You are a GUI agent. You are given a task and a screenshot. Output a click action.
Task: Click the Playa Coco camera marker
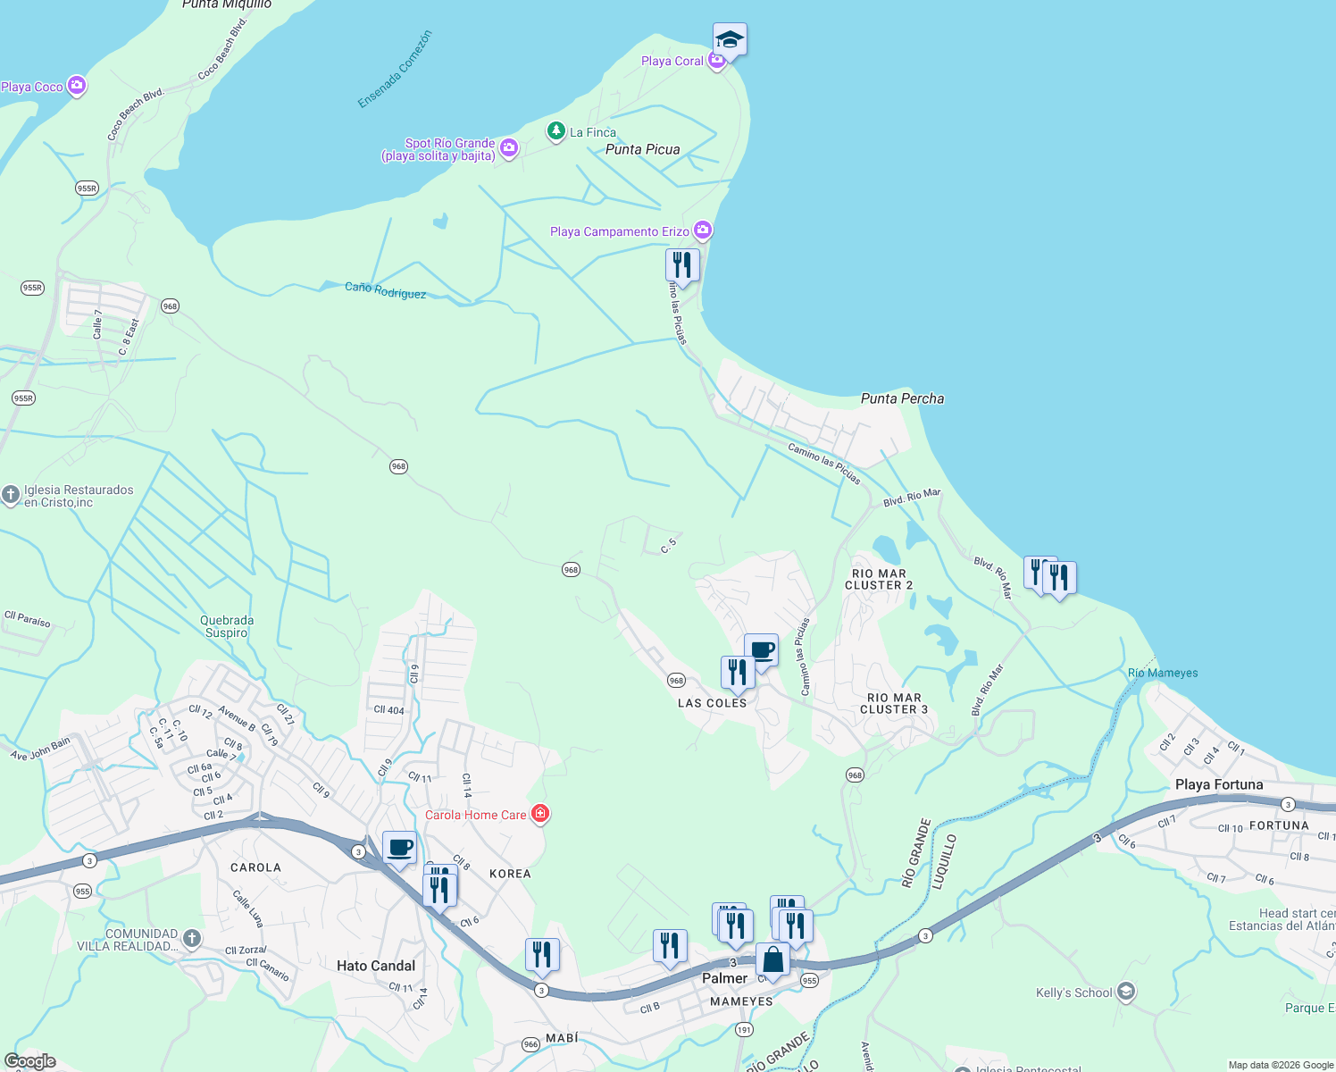[77, 86]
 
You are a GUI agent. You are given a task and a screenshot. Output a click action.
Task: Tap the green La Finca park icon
[556, 132]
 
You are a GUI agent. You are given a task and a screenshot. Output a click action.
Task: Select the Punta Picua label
[642, 149]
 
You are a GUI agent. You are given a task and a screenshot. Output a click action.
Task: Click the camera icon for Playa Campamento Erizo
[703, 230]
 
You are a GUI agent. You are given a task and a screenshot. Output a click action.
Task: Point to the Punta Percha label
[902, 398]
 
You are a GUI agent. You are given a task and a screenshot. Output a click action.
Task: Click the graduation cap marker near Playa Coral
[730, 39]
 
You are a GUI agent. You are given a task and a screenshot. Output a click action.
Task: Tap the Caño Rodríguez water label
[385, 289]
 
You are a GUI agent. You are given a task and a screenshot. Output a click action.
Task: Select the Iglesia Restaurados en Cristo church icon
[10, 495]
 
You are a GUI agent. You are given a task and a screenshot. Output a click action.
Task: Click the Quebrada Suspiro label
[227, 626]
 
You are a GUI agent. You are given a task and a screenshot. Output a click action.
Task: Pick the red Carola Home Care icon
[539, 814]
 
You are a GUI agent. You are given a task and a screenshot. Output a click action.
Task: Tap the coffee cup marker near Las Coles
[761, 650]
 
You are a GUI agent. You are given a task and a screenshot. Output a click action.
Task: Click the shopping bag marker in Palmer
[772, 960]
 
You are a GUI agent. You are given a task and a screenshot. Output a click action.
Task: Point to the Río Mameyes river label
[1163, 673]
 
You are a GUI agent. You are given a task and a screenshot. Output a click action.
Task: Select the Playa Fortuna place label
[1219, 784]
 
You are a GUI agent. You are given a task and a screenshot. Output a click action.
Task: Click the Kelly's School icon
[1125, 992]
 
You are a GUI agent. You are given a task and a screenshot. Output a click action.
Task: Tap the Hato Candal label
[376, 966]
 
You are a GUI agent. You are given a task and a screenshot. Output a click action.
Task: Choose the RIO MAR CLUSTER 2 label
[879, 579]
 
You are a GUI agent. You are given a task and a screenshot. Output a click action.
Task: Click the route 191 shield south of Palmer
[744, 1030]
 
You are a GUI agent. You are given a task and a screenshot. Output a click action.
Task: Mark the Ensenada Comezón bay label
[395, 70]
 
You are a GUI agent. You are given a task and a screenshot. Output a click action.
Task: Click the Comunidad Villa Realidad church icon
[191, 938]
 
